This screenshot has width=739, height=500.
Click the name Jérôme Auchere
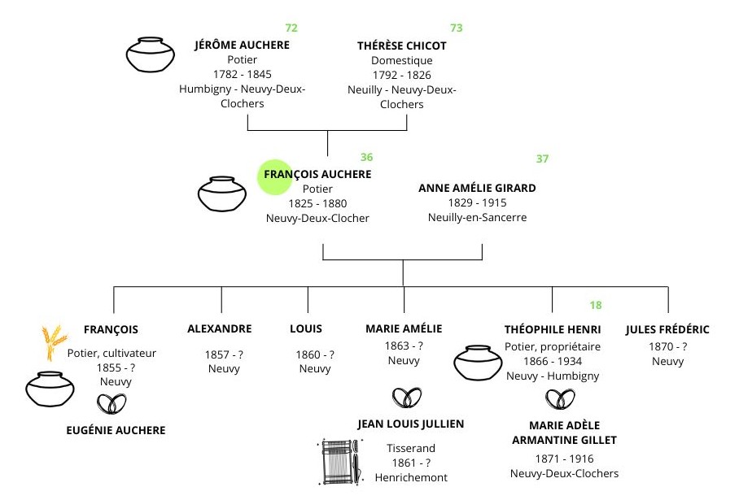click(x=242, y=45)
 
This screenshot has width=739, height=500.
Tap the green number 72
click(x=291, y=28)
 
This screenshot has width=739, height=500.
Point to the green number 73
click(x=456, y=28)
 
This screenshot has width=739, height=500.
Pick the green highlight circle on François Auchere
click(x=275, y=176)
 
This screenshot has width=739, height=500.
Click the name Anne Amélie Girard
click(x=477, y=188)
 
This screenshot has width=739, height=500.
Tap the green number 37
click(x=542, y=159)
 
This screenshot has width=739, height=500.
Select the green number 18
click(x=596, y=306)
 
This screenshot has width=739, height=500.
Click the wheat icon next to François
click(x=54, y=342)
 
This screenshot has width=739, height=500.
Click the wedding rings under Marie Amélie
click(x=406, y=398)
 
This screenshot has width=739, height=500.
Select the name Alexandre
click(x=220, y=329)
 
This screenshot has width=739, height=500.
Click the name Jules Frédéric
click(x=667, y=329)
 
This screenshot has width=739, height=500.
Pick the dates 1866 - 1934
click(x=553, y=360)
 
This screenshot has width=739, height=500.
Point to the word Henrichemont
click(x=411, y=477)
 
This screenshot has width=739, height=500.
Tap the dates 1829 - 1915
click(x=477, y=202)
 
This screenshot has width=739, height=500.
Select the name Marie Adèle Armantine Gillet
click(x=562, y=433)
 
